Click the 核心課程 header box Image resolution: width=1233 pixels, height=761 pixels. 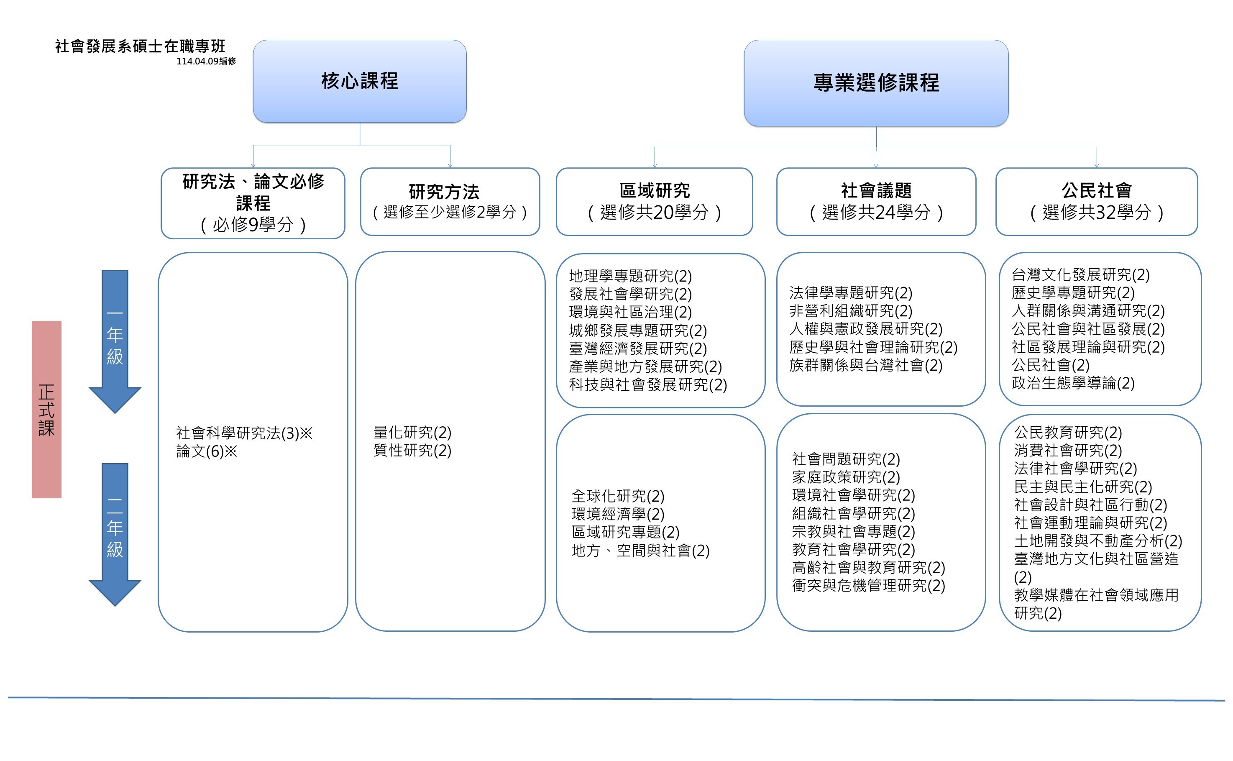coord(360,81)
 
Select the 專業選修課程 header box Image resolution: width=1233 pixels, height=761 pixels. coord(876,83)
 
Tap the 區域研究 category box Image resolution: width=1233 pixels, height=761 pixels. coord(654,201)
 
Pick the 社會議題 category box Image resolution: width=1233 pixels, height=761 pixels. coord(876,201)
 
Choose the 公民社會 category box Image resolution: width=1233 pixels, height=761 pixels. coord(1096,201)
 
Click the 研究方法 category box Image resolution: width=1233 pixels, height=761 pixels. coord(450,201)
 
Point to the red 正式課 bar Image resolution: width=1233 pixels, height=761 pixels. coord(46,409)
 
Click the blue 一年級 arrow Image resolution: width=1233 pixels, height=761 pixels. coord(115,341)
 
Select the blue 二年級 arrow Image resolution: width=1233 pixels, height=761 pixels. coord(115,535)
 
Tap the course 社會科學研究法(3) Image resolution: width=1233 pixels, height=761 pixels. coord(238,433)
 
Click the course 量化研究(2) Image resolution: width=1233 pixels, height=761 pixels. coord(412,432)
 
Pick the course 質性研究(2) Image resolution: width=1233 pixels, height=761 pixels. coord(412,450)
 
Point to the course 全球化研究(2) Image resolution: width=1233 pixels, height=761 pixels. coord(618,496)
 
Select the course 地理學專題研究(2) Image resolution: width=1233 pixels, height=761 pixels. coord(630,276)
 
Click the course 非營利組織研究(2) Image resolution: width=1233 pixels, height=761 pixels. coord(851,310)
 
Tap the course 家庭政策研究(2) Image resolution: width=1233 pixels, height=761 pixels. coord(846,477)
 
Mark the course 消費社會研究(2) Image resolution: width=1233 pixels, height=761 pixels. coord(1068,450)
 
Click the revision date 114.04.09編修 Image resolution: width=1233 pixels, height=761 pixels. coord(206,61)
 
